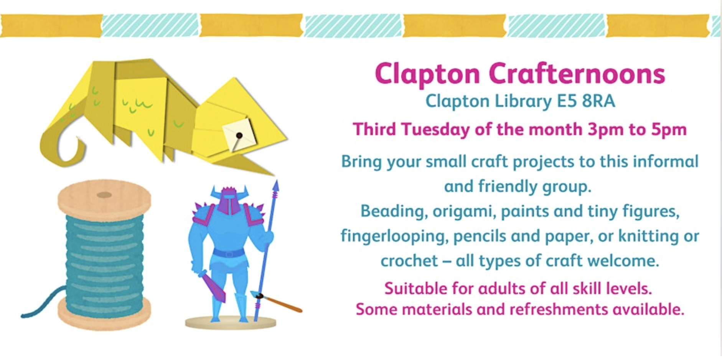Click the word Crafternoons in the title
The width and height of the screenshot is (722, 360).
pyautogui.click(x=577, y=73)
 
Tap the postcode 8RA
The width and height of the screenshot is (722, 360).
pyautogui.click(x=598, y=101)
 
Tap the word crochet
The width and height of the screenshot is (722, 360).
pyautogui.click(x=409, y=261)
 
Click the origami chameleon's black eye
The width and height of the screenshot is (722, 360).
pyautogui.click(x=239, y=135)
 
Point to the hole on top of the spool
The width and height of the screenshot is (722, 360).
pyautogui.click(x=104, y=195)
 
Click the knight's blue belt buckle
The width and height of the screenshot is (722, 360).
pyautogui.click(x=229, y=254)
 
